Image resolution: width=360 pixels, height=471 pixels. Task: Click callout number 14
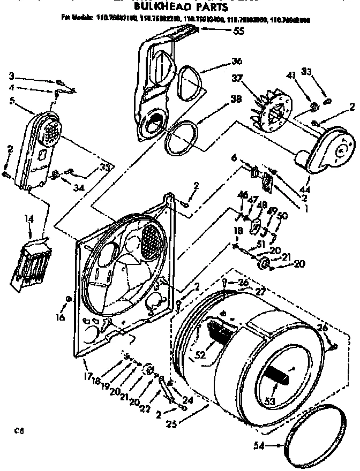(x=28, y=219)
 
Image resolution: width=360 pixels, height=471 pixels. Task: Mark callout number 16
(x=59, y=317)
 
